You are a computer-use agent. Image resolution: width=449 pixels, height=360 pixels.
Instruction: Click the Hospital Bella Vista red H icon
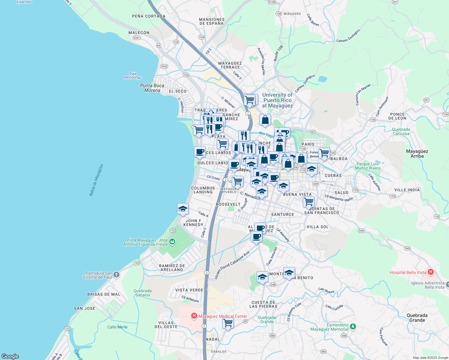[431, 272]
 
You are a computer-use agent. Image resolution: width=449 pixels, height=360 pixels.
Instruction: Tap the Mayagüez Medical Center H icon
[194, 316]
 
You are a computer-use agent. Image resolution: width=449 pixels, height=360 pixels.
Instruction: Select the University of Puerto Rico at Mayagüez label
[277, 100]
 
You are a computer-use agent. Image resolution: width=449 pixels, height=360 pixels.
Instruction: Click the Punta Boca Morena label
[152, 88]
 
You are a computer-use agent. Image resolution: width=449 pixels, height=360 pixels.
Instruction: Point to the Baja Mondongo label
[133, 76]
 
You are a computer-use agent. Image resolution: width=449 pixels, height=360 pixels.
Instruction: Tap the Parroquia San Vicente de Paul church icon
[116, 274]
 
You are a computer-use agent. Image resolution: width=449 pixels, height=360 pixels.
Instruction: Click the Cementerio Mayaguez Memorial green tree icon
[353, 326]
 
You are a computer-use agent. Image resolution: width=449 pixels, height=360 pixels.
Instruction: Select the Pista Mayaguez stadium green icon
[172, 241]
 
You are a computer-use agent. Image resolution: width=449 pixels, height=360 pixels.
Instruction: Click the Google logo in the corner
[10, 356]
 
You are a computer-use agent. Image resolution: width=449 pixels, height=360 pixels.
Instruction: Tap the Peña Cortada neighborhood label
[149, 16]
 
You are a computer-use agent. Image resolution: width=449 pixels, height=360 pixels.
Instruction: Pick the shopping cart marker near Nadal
[228, 323]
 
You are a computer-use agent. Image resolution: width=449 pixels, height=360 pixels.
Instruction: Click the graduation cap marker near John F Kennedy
[183, 209]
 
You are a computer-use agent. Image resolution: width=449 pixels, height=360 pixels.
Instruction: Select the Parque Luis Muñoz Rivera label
[368, 166]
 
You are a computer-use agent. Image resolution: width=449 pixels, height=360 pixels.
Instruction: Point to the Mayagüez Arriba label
[417, 154]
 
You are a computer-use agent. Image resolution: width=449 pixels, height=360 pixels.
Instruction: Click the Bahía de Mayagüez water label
[96, 180]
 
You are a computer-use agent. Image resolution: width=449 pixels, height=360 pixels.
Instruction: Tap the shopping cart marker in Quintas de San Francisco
[309, 202]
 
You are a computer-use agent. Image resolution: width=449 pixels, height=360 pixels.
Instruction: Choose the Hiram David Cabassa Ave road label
[232, 265]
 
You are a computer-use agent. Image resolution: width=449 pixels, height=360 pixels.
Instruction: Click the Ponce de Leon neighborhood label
[397, 116]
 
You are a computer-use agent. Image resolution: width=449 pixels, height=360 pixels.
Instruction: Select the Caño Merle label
[117, 327]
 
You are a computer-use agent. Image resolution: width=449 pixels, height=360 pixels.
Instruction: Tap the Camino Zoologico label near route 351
[348, 36]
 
